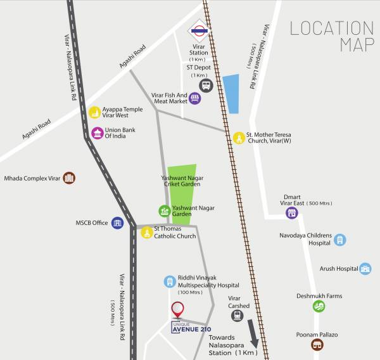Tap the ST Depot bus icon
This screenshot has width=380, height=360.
tap(205, 85)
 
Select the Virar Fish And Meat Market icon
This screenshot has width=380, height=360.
tap(195, 98)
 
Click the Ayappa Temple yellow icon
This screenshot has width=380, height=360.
tap(95, 112)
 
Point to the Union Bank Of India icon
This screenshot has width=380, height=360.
tap(97, 133)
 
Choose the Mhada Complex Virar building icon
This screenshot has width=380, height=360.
tap(69, 178)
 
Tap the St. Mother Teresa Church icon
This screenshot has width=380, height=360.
tap(239, 138)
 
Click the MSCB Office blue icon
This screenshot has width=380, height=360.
tap(117, 222)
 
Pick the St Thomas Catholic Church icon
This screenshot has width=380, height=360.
tap(147, 233)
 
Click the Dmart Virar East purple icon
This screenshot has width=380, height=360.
tap(291, 212)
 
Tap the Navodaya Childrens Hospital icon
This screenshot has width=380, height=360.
tap(340, 240)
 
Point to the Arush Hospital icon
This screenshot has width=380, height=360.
tap(365, 269)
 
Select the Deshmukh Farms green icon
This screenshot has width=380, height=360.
tap(319, 306)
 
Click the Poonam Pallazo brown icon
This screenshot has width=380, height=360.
tap(317, 344)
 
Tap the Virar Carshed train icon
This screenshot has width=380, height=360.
tap(237, 315)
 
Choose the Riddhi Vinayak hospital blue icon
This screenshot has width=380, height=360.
tap(169, 281)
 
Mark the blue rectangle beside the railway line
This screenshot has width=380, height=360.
tap(232, 94)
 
